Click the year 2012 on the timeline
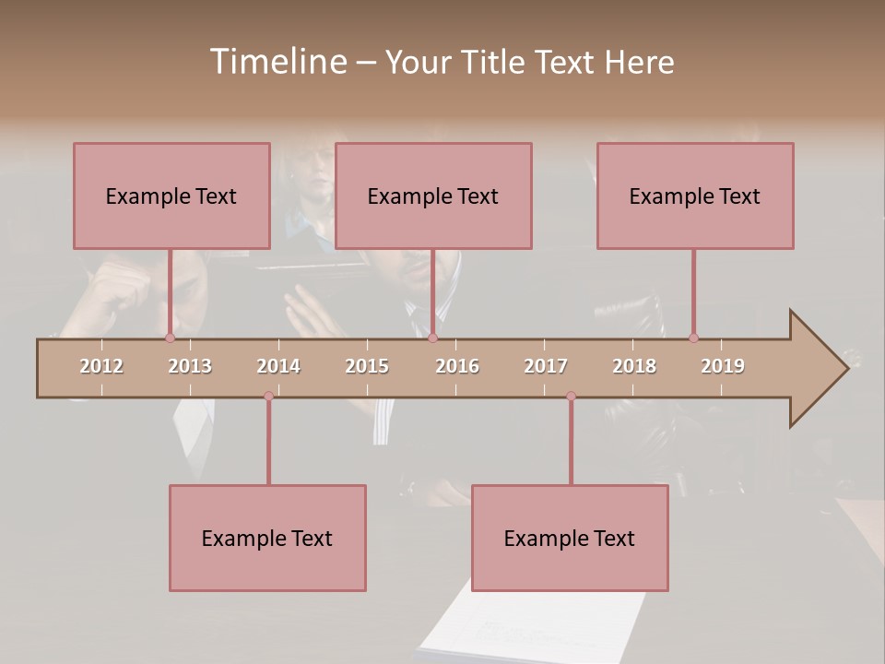(x=101, y=366)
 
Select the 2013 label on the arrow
(x=190, y=366)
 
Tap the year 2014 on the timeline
(x=278, y=366)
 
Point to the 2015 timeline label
(x=367, y=366)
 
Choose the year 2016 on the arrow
(x=457, y=366)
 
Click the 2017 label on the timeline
(x=546, y=366)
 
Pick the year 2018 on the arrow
(x=634, y=366)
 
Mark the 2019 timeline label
(x=723, y=366)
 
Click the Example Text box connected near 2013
(x=171, y=196)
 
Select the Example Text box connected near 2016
(x=433, y=196)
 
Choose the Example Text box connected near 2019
(x=695, y=196)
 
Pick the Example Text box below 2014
(x=267, y=538)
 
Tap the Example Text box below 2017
(x=570, y=538)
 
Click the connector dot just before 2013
(x=170, y=338)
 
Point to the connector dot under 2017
(x=571, y=396)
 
